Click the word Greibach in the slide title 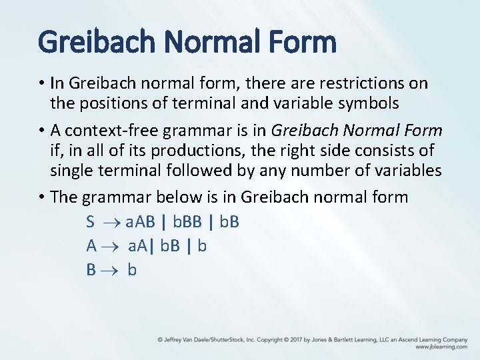[97, 42]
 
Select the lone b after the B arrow [132, 270]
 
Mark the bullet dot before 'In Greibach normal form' [41, 84]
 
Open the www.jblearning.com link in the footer [441, 347]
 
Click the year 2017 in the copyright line [293, 339]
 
